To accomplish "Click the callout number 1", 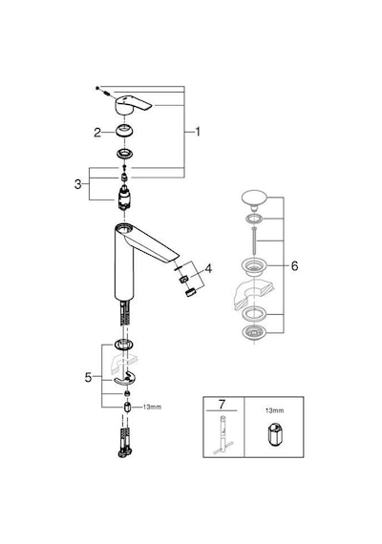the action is point(198,132).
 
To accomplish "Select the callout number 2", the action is point(97,133).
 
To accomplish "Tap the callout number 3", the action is point(77,184).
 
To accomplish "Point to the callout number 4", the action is point(208,268).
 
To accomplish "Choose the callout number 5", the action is point(88,377).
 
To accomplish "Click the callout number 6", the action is point(294,266).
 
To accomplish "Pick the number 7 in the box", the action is point(222,405).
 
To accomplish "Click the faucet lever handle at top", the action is point(133,104).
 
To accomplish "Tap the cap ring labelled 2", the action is point(124,131).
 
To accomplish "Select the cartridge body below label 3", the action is point(124,199).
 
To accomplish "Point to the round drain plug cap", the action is point(254,199).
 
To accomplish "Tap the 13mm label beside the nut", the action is point(152,407).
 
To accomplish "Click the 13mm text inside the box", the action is point(274,410).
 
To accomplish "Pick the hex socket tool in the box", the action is point(274,433).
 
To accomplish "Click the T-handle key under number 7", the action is point(222,435).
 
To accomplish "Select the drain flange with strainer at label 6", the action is point(254,267).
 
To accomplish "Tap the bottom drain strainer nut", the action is point(254,332).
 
